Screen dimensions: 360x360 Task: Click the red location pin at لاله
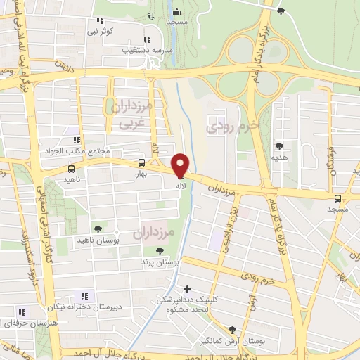point(180,165)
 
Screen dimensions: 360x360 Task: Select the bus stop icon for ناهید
point(71,169)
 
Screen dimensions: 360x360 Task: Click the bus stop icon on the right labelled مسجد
point(337,198)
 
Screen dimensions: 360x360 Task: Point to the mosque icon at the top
point(176,11)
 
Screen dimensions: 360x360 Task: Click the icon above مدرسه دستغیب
point(147,40)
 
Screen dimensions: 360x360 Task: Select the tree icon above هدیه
point(280,146)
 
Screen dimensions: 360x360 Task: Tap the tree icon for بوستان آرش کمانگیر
point(232,330)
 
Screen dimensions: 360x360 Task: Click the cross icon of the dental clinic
point(187,289)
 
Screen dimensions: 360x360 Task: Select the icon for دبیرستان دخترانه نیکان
point(84,296)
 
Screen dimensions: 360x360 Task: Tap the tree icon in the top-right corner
point(281,11)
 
